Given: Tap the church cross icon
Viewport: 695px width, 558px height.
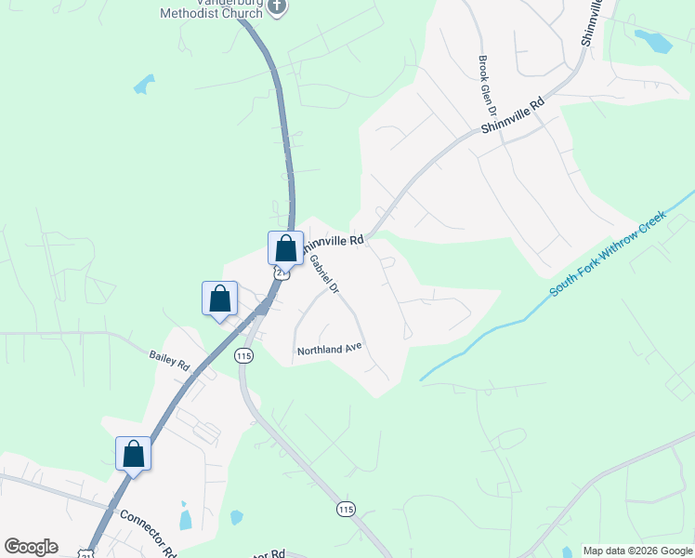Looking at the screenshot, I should [277, 7].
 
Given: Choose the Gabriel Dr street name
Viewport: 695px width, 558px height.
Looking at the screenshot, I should [324, 275].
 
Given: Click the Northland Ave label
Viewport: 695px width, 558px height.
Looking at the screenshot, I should [328, 351].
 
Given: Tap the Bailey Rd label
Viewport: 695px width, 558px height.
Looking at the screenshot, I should [169, 359].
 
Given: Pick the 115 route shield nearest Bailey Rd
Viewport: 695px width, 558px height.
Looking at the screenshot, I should [243, 356].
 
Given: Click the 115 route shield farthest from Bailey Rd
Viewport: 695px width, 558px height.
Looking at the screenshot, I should [346, 509].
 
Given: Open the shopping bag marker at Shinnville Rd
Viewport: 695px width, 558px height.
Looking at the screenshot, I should [285, 248].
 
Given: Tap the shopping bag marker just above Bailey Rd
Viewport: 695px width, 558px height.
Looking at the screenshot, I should [219, 299].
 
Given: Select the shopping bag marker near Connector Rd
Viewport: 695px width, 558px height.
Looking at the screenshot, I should [133, 455].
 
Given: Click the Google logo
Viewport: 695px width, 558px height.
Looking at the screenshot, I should [31, 547].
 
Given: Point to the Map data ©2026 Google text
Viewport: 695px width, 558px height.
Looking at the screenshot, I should [637, 551].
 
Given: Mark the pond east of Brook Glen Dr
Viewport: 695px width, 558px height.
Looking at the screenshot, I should [653, 41].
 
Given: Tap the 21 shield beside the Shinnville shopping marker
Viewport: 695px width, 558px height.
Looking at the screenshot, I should [282, 272].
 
